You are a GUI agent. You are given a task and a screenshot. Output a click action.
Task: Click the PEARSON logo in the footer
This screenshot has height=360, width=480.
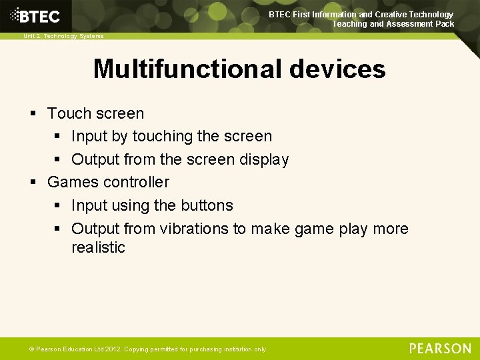[x=440, y=349]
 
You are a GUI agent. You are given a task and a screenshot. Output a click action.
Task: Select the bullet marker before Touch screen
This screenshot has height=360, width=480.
[x=33, y=114]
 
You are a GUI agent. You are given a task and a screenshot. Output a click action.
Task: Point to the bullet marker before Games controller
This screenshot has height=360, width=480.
[x=33, y=183]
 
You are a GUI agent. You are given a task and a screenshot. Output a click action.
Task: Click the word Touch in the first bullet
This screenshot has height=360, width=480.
[x=67, y=113]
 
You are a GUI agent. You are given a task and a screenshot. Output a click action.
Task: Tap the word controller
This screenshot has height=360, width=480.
[x=135, y=182]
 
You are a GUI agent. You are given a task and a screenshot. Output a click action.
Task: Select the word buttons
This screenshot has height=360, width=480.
[x=207, y=205]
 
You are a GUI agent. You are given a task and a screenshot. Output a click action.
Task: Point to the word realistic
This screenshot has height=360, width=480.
[x=98, y=247]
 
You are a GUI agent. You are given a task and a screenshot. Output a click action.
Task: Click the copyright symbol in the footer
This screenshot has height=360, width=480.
[x=32, y=349]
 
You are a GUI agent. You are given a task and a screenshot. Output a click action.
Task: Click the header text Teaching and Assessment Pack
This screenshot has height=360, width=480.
[x=393, y=24]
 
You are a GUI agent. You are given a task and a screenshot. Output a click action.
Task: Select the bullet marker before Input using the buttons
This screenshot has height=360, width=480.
[x=58, y=206]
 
